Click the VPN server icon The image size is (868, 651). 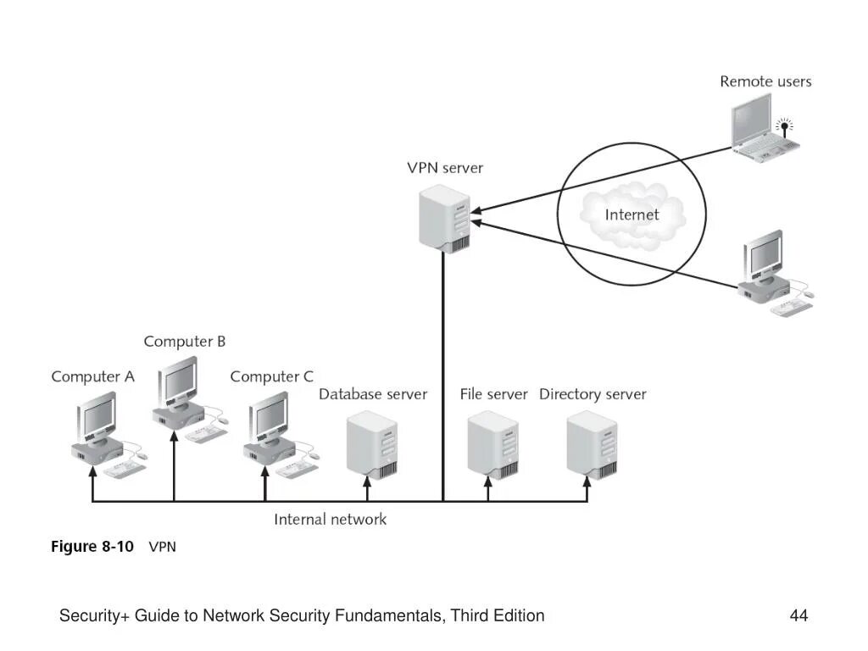click(x=444, y=219)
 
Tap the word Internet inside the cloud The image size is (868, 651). click(x=632, y=214)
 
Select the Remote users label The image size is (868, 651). click(x=765, y=81)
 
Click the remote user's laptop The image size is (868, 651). click(x=763, y=129)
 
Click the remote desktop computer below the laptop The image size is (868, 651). click(x=775, y=273)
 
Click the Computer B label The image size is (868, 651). click(x=184, y=342)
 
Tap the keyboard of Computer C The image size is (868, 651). click(x=297, y=470)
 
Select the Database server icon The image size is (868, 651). click(x=372, y=445)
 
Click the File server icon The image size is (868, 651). click(x=492, y=445)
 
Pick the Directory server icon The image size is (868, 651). click(x=592, y=445)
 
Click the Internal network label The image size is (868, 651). click(x=330, y=520)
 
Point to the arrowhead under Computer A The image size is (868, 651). click(x=93, y=471)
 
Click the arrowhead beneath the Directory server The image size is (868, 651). click(x=587, y=481)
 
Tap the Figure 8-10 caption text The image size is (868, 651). click(x=114, y=547)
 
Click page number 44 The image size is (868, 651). click(x=798, y=615)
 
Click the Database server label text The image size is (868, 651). click(x=373, y=394)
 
